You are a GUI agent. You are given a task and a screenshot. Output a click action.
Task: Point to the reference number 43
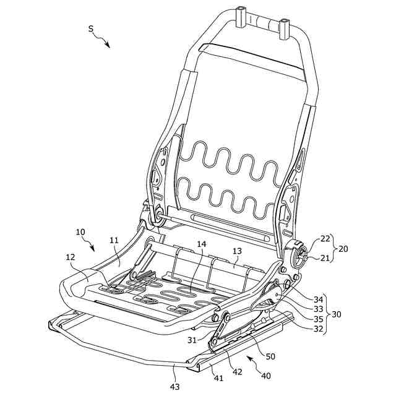[175, 387]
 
